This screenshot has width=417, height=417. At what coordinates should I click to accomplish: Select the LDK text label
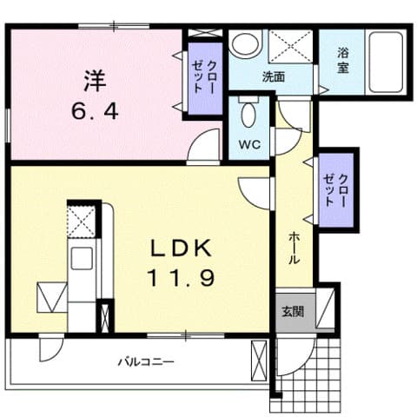pyautogui.click(x=183, y=248)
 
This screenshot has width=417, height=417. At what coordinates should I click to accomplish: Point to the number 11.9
pyautogui.click(x=183, y=280)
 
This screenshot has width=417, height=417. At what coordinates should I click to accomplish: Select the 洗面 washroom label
pyautogui.click(x=274, y=76)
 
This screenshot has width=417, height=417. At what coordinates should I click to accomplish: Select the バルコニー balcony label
pyautogui.click(x=147, y=361)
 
